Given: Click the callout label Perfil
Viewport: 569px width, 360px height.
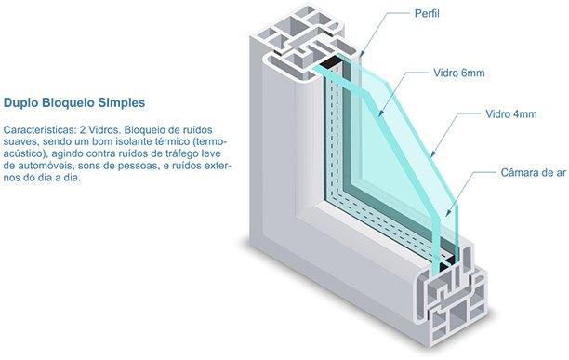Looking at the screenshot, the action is coord(427,13).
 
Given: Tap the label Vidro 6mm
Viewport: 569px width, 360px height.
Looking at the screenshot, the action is coord(459,73).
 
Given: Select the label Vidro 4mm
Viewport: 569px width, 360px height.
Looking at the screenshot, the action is coord(511,113).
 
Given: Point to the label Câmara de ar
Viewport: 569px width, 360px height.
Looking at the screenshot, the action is coord(534,172).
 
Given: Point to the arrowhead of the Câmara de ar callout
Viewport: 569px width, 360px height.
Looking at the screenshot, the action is coord(448,213).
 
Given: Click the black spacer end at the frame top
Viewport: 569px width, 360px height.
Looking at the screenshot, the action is coord(332,63).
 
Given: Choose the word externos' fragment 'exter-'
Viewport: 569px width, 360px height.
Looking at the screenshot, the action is coord(218,166).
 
